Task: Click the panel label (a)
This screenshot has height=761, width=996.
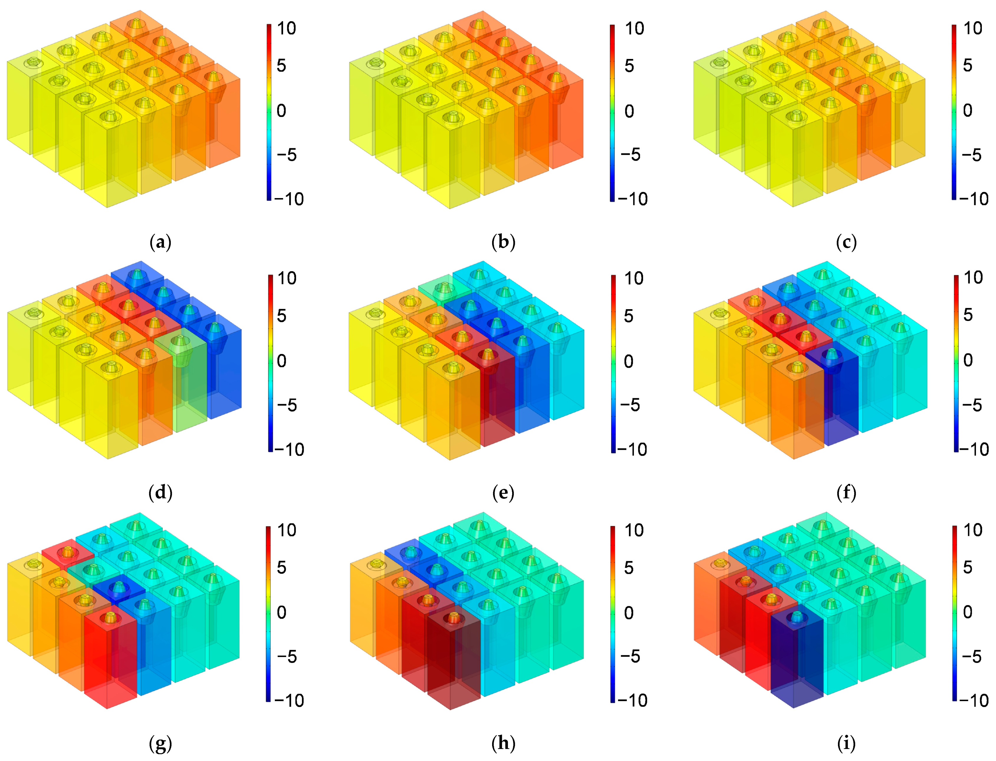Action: click(160, 243)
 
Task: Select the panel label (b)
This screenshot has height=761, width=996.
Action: click(503, 243)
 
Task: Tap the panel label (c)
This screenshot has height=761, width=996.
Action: click(846, 243)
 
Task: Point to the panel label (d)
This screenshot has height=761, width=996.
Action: click(160, 492)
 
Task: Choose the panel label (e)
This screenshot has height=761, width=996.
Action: click(503, 492)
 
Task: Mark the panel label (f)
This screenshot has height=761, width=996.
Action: click(846, 492)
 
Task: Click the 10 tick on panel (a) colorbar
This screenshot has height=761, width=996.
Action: click(286, 29)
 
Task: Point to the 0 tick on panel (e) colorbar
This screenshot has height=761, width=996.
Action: click(629, 361)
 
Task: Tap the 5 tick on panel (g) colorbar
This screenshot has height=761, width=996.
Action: click(281, 568)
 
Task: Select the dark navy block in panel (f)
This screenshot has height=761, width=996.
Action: click(832, 398)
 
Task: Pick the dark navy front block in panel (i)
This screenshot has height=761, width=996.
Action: click(797, 657)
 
